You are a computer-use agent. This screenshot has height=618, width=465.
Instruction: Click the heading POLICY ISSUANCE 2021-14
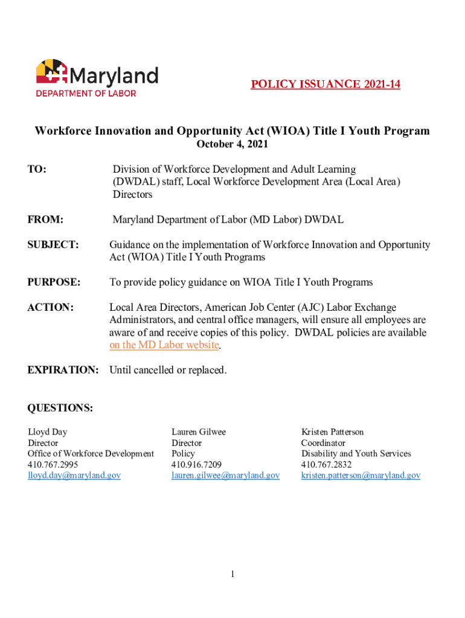[x=325, y=84]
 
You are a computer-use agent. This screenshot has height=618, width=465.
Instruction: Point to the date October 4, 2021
[x=232, y=144]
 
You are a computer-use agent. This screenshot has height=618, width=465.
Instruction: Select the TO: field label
[x=37, y=170]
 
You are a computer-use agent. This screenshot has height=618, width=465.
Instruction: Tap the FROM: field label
[x=46, y=220]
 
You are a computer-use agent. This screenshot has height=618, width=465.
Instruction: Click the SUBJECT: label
[x=53, y=245]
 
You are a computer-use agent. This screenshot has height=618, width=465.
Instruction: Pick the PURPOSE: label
[x=54, y=282]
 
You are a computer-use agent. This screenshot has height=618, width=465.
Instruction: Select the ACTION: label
[x=51, y=308]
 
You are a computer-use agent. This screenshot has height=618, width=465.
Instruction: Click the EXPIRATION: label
[x=63, y=370]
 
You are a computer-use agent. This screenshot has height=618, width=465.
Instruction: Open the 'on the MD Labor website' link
[x=164, y=345]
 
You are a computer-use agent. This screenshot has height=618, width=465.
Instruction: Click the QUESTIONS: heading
[x=60, y=409]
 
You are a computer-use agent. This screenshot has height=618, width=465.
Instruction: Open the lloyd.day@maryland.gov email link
[x=74, y=476]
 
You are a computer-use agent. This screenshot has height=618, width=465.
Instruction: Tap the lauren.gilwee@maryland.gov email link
[x=225, y=476]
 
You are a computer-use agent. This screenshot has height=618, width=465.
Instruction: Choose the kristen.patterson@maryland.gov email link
[x=361, y=476]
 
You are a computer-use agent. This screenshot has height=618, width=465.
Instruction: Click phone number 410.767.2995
[x=53, y=465]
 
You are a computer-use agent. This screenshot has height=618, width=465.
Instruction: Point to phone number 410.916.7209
[x=196, y=465]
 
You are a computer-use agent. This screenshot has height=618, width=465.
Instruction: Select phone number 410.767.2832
[x=326, y=465]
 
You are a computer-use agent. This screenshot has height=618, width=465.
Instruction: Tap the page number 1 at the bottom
[x=232, y=574]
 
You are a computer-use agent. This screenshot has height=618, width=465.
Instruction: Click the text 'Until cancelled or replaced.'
[x=168, y=370]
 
